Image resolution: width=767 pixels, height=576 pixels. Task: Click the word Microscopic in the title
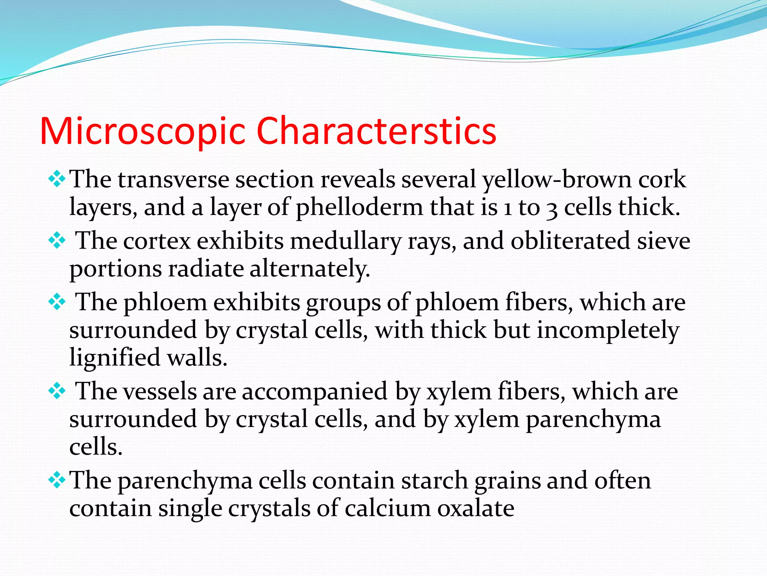[x=142, y=131]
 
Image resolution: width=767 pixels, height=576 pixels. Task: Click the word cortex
[x=157, y=241]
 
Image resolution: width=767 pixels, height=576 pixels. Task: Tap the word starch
[x=434, y=481]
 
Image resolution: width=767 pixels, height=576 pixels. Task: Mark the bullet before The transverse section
[x=57, y=179]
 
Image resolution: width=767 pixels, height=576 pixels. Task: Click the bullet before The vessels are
[x=57, y=391]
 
